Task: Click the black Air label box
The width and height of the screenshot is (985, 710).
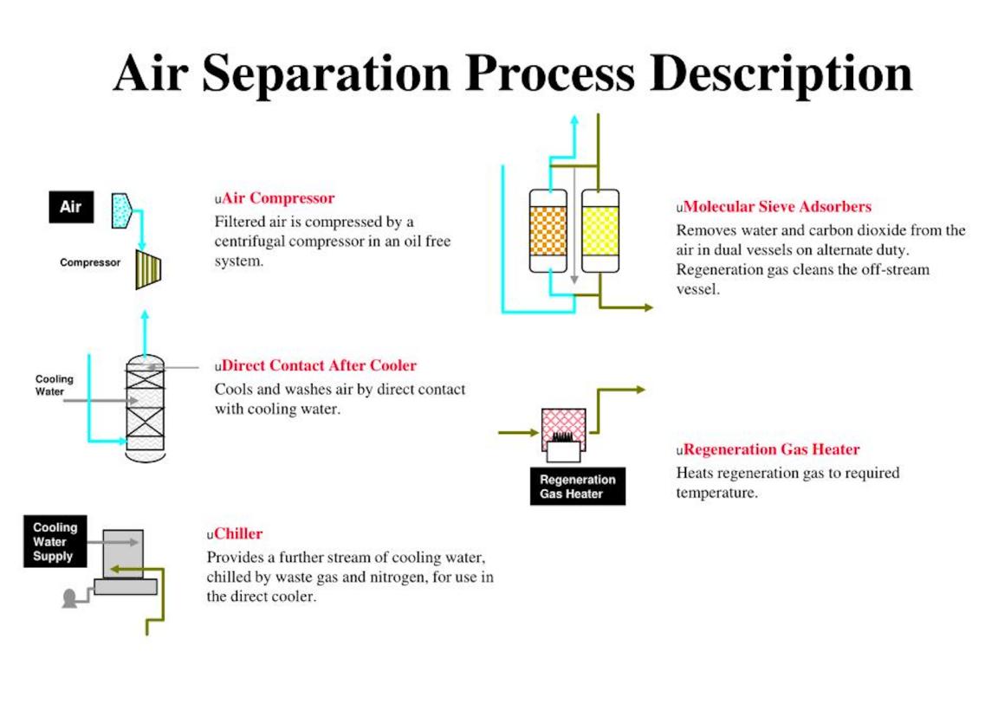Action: click(x=71, y=207)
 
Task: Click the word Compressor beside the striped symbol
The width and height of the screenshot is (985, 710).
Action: click(x=90, y=262)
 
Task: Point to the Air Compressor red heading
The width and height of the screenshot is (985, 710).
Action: click(x=278, y=198)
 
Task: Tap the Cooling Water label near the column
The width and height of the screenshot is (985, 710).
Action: click(x=54, y=384)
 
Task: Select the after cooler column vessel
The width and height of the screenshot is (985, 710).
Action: click(x=146, y=409)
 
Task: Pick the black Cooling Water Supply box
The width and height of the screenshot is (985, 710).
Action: click(x=55, y=542)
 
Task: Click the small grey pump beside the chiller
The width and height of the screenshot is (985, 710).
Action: click(x=69, y=598)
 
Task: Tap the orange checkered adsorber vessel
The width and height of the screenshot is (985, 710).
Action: click(x=548, y=231)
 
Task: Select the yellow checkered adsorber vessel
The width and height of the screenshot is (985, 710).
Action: click(x=600, y=231)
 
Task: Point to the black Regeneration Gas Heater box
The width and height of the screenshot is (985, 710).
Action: click(x=578, y=487)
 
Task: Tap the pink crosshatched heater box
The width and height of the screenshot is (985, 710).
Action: click(x=563, y=427)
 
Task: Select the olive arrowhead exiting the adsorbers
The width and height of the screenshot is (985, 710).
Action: click(x=648, y=307)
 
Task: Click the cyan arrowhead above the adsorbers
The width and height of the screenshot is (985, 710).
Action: click(x=574, y=119)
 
